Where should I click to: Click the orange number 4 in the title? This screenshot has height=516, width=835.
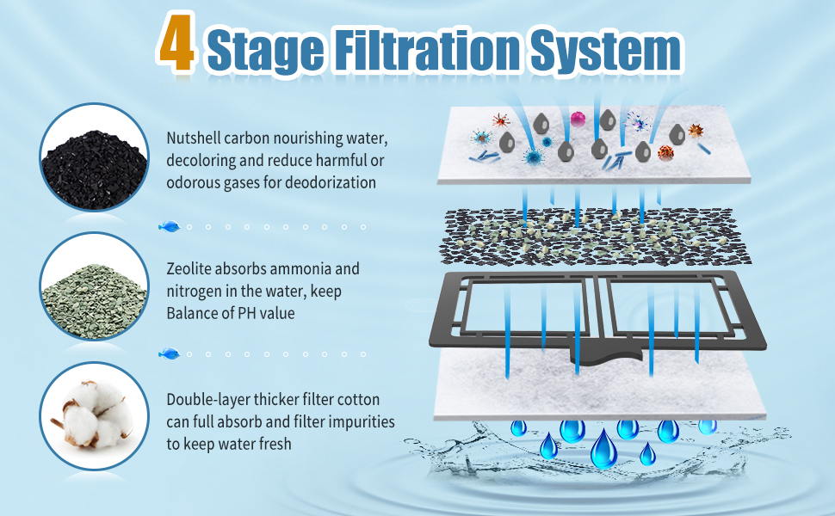tap(176, 45)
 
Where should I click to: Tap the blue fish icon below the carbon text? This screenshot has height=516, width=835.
tap(170, 226)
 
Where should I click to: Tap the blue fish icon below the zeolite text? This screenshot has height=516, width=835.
tap(170, 353)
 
